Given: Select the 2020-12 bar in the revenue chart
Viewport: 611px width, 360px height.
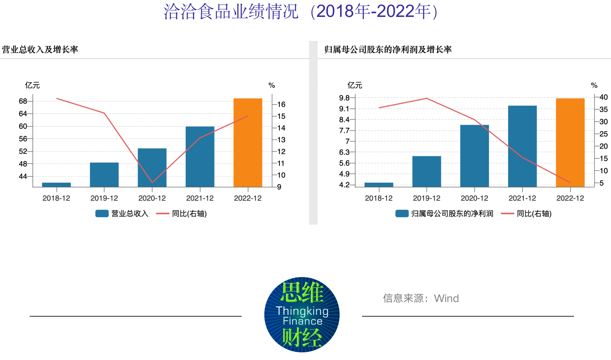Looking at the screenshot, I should (152, 168).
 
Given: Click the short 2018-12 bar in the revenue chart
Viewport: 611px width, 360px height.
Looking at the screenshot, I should (56, 185).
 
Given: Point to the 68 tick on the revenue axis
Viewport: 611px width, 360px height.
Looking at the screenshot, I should (23, 101).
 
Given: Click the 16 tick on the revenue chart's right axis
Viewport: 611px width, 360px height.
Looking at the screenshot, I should (281, 104).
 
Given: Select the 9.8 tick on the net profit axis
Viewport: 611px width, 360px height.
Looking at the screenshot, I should (344, 98).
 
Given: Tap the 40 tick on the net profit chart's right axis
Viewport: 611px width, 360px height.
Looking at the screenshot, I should (603, 97).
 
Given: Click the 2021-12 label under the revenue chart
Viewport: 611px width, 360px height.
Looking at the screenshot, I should (200, 198).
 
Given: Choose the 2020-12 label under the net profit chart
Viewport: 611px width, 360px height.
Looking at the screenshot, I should (474, 198).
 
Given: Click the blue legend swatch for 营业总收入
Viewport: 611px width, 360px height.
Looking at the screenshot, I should (102, 214).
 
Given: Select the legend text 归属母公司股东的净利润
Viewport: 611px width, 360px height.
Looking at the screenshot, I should (452, 214).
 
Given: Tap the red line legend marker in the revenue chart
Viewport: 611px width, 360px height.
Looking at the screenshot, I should (162, 214).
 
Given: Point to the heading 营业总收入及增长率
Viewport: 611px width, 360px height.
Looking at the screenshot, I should (40, 49).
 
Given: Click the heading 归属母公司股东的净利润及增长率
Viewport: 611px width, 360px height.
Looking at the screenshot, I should (388, 49).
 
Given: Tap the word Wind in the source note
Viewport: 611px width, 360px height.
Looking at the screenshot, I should (446, 298).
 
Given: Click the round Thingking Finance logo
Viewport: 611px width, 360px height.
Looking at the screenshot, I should (302, 315).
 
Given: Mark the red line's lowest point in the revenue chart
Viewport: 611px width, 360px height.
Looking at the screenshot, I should (152, 183).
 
